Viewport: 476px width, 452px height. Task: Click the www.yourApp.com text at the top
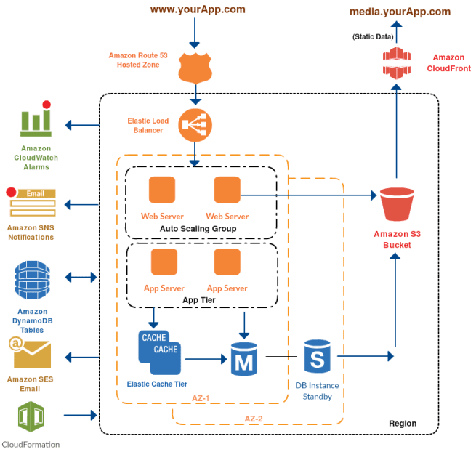point(197,9)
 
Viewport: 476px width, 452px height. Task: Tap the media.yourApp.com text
point(400,12)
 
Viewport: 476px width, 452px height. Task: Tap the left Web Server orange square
point(162,190)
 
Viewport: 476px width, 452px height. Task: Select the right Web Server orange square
point(227,190)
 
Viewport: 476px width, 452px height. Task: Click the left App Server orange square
point(164,261)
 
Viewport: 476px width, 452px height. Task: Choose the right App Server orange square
point(227,261)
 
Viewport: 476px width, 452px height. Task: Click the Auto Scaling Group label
point(198,229)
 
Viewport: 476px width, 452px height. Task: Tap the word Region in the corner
point(403,423)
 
